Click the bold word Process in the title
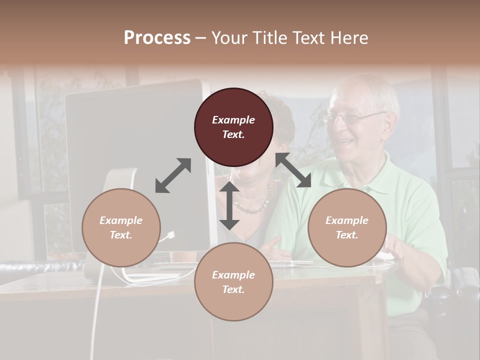[x=157, y=38]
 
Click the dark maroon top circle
[x=233, y=127]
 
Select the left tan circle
[x=121, y=227]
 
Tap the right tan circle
[x=347, y=227]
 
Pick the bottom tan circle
[x=233, y=282]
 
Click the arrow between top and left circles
[x=173, y=175]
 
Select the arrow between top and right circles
[x=293, y=170]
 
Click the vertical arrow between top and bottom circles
[x=229, y=205]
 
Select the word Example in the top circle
[x=233, y=120]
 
